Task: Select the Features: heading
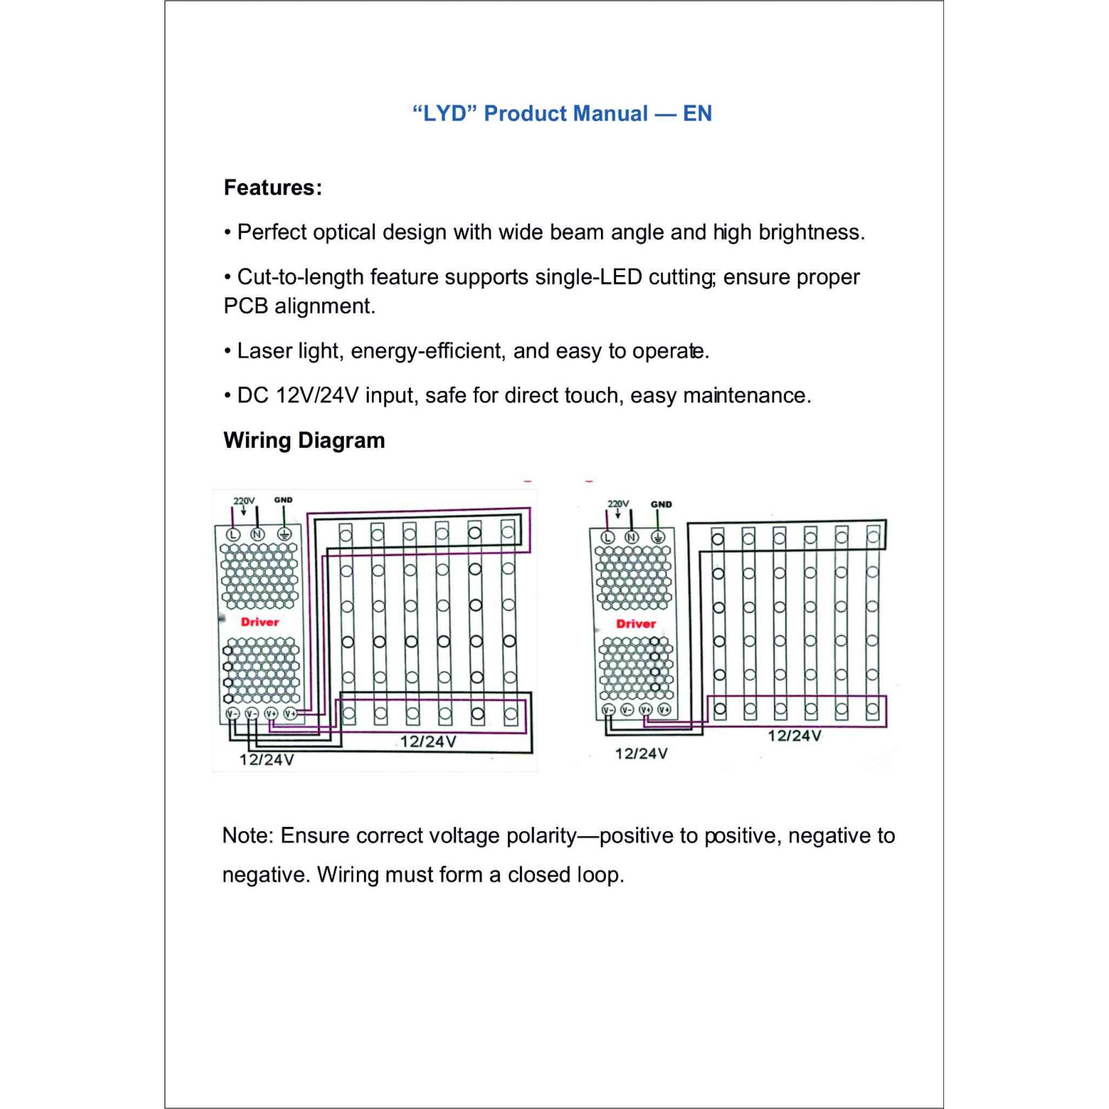pos(272,187)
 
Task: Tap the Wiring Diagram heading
pos(304,440)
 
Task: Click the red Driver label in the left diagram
pos(260,622)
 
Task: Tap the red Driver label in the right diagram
pos(636,624)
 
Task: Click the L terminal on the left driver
pos(233,534)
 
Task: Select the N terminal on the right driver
pos(631,537)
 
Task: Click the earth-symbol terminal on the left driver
pos(283,534)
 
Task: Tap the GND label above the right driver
pos(661,505)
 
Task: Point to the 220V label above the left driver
pos(244,500)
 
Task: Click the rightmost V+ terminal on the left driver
pos(290,714)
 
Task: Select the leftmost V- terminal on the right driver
pos(608,710)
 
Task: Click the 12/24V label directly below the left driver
pos(267,760)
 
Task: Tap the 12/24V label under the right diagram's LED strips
pos(794,735)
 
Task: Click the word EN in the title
pos(697,113)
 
